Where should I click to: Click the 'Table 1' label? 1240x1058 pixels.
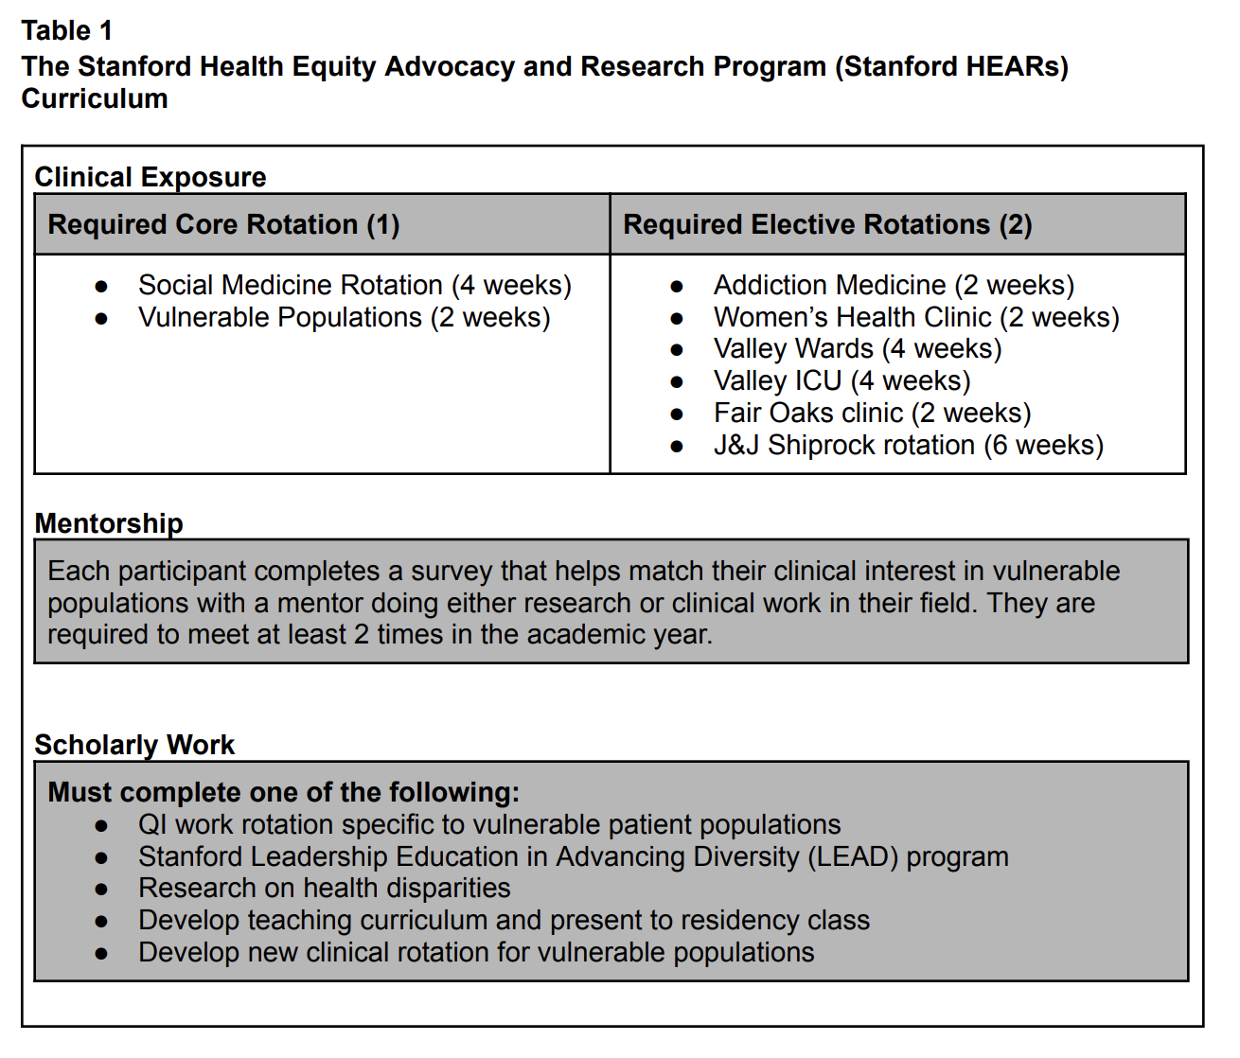pos(67,31)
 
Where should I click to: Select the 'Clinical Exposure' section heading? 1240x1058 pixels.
pos(151,177)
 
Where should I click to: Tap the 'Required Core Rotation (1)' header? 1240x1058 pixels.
pos(224,224)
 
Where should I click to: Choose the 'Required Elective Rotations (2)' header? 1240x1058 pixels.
pos(827,224)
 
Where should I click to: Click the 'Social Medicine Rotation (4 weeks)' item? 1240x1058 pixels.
pos(355,285)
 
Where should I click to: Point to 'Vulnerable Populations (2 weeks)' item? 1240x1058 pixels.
pos(344,317)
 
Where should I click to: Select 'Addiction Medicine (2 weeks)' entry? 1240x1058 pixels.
pos(894,285)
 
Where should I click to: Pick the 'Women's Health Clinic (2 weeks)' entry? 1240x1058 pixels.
pos(916,317)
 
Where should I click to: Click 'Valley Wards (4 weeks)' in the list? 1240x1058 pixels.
pos(858,348)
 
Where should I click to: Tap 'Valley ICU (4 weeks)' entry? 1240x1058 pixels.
pos(841,380)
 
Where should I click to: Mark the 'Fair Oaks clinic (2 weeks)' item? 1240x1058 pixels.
pos(872,413)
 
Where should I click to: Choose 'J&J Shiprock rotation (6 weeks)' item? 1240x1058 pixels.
pos(909,445)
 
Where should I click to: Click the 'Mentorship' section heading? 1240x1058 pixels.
pos(109,523)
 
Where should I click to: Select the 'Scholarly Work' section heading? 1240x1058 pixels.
pos(134,745)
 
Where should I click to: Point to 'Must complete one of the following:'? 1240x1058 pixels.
pos(284,792)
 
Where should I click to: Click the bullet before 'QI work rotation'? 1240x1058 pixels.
pos(101,825)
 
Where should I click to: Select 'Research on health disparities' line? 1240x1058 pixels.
pos(324,888)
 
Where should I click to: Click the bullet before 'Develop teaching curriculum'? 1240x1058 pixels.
pos(101,921)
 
